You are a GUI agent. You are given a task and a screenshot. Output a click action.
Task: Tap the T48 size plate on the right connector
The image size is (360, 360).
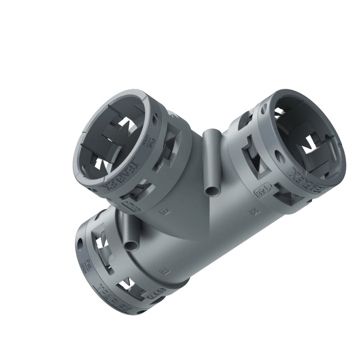(x=260, y=191)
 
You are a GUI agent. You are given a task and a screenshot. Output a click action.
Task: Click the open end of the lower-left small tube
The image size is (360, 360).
(x=132, y=245)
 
